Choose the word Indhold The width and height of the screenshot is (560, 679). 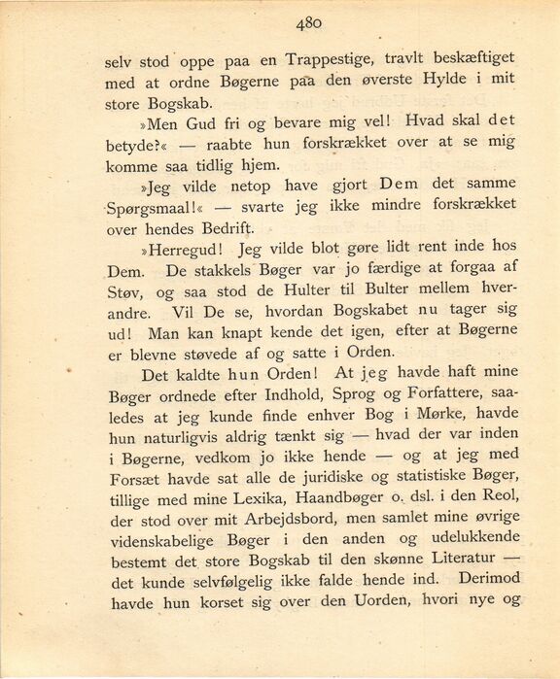282,397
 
